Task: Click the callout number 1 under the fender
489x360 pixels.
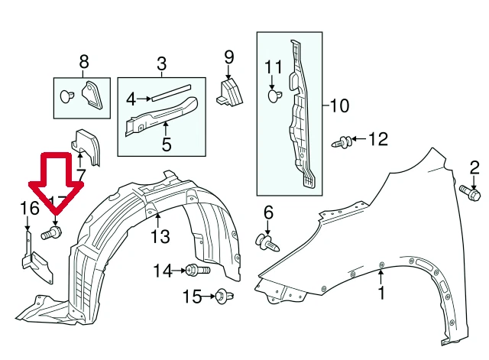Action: tap(381, 293)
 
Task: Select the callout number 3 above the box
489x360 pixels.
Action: tap(162, 63)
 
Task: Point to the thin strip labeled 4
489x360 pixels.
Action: tap(172, 94)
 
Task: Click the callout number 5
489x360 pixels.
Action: tap(167, 143)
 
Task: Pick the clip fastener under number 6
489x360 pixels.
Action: tap(267, 242)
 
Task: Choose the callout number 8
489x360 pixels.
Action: tap(83, 60)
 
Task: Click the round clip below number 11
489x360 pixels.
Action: tap(274, 96)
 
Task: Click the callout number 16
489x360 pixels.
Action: tap(28, 209)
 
